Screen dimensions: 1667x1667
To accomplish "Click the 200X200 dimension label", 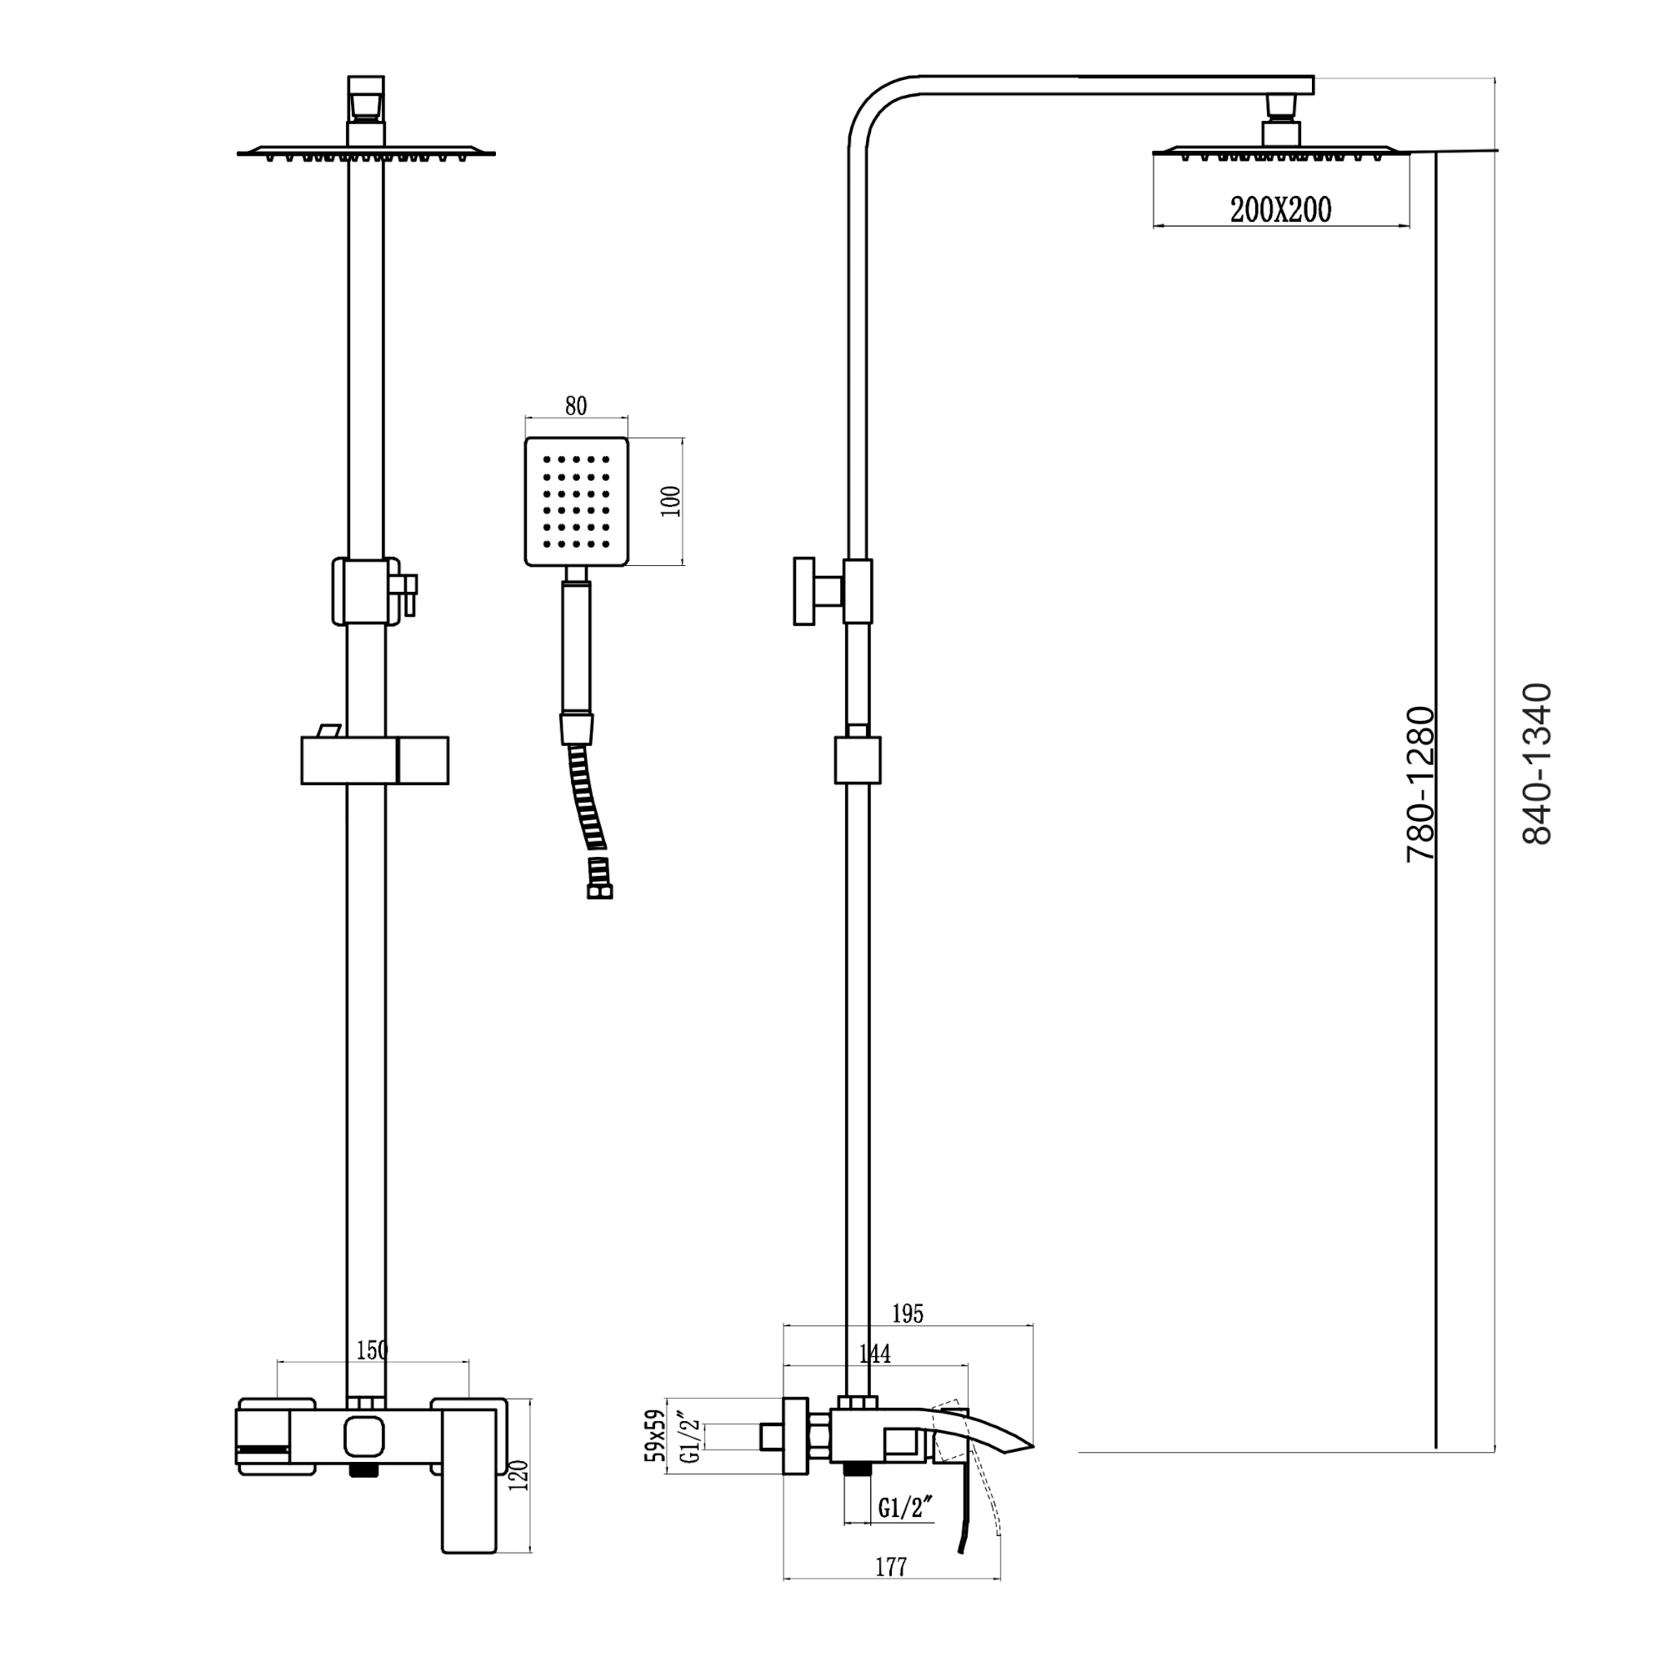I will (1280, 210).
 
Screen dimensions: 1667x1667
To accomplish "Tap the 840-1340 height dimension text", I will (1537, 763).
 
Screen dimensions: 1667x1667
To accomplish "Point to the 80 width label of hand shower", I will (575, 406).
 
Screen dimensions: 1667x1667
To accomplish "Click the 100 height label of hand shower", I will (670, 501).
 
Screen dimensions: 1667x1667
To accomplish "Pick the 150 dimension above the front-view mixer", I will (372, 1350).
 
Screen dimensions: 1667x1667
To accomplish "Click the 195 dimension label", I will (908, 1314).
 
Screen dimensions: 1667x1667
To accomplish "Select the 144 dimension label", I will (875, 1354).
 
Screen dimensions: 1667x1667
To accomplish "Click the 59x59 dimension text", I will (656, 1436).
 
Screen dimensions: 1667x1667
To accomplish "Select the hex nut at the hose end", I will (598, 890).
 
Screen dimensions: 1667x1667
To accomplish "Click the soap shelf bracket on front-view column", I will (374, 760).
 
